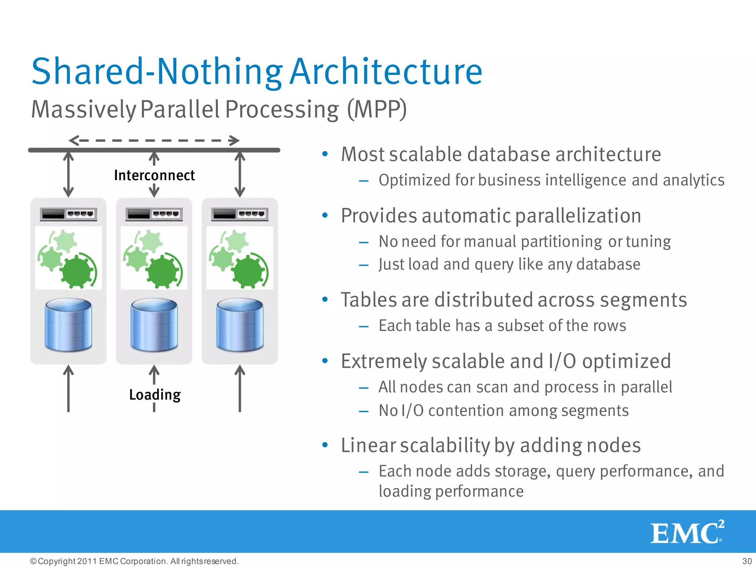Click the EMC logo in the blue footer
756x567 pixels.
pyautogui.click(x=687, y=532)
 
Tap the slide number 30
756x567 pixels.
pyautogui.click(x=747, y=561)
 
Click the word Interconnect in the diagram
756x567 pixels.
pyautogui.click(x=154, y=175)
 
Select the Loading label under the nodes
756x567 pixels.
pyautogui.click(x=155, y=395)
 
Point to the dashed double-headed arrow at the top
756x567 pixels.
pyautogui.click(x=154, y=141)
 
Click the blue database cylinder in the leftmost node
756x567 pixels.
pyautogui.click(x=68, y=325)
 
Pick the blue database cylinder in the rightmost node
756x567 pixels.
pyautogui.click(x=240, y=325)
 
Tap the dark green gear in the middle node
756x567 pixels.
pyautogui.click(x=162, y=272)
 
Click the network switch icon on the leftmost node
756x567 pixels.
pyautogui.click(x=68, y=214)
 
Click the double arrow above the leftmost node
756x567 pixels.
pyautogui.click(x=68, y=174)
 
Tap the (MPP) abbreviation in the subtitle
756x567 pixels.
pyautogui.click(x=377, y=109)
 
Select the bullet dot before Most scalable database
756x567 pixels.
pyautogui.click(x=325, y=154)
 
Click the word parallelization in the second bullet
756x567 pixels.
pyautogui.click(x=578, y=216)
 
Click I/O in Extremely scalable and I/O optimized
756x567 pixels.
pyautogui.click(x=562, y=361)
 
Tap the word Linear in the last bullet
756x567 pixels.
pyautogui.click(x=368, y=445)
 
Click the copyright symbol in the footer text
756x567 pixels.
pyautogui.click(x=33, y=561)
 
